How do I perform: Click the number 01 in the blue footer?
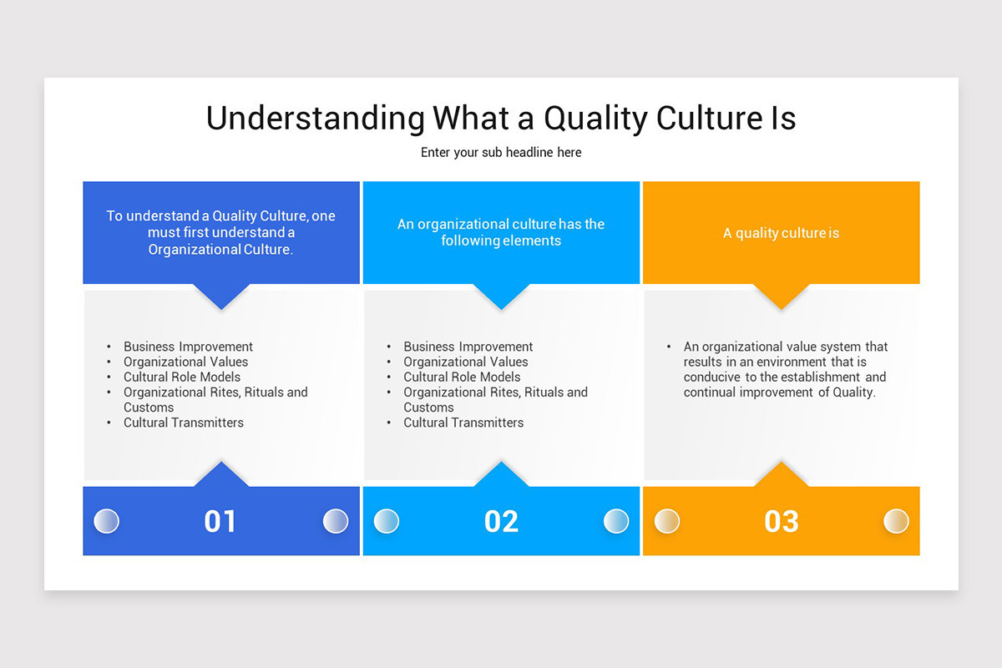[220, 521]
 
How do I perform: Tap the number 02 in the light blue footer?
[501, 521]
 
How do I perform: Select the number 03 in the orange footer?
[782, 521]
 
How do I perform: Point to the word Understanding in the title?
[315, 119]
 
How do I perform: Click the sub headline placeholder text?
[501, 153]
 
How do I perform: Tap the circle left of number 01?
[106, 521]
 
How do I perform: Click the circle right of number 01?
[336, 521]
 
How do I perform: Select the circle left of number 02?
[387, 521]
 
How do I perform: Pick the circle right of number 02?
[616, 521]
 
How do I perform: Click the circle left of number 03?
[666, 521]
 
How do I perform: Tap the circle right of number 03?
[896, 521]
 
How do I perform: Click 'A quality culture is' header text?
[781, 233]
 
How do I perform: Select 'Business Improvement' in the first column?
[188, 347]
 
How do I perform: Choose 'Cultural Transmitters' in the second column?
[463, 423]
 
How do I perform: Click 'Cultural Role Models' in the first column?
[182, 377]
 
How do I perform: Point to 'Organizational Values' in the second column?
[466, 362]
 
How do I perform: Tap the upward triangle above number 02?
[501, 473]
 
